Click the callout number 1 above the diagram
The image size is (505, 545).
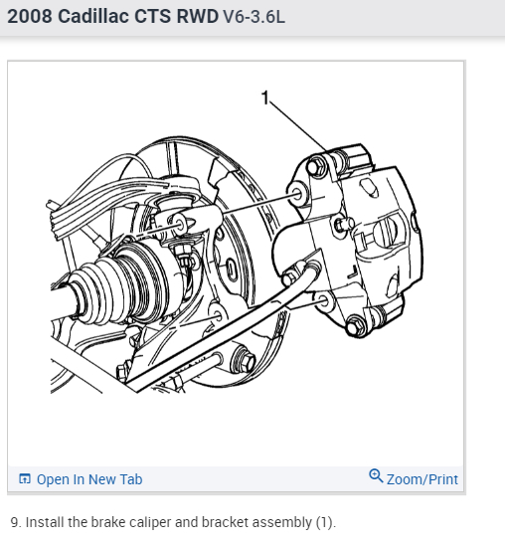click(265, 97)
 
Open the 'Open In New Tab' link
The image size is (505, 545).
click(89, 479)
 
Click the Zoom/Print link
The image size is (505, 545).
click(422, 479)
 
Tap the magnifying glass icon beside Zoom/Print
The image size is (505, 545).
click(376, 475)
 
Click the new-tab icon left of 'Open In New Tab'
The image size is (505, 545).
click(25, 479)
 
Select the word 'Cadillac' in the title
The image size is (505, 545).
click(92, 16)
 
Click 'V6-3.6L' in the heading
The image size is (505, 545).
click(253, 16)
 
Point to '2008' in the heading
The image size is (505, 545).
click(30, 16)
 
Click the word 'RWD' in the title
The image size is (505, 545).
click(198, 16)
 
